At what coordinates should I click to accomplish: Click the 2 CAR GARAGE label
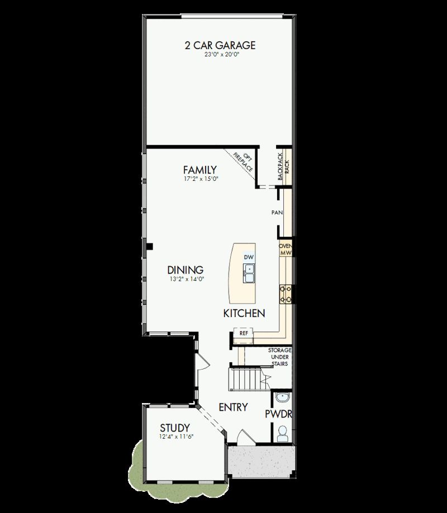click(220, 45)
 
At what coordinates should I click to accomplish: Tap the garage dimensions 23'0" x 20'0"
click(220, 55)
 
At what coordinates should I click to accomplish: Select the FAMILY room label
click(199, 170)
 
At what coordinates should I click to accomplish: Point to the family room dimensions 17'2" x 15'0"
click(199, 179)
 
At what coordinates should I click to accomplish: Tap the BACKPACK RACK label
click(283, 166)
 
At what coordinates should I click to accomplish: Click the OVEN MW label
click(286, 249)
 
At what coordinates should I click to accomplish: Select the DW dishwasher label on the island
click(249, 257)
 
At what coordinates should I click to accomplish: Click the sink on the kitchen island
click(249, 273)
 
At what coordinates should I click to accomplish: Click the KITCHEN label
click(244, 313)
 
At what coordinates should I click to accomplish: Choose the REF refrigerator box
click(243, 333)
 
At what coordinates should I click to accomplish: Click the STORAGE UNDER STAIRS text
click(279, 357)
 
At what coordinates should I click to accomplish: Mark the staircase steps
click(247, 380)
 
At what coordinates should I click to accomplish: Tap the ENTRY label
click(233, 407)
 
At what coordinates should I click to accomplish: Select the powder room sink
click(283, 398)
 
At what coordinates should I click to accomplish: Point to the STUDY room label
click(174, 428)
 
